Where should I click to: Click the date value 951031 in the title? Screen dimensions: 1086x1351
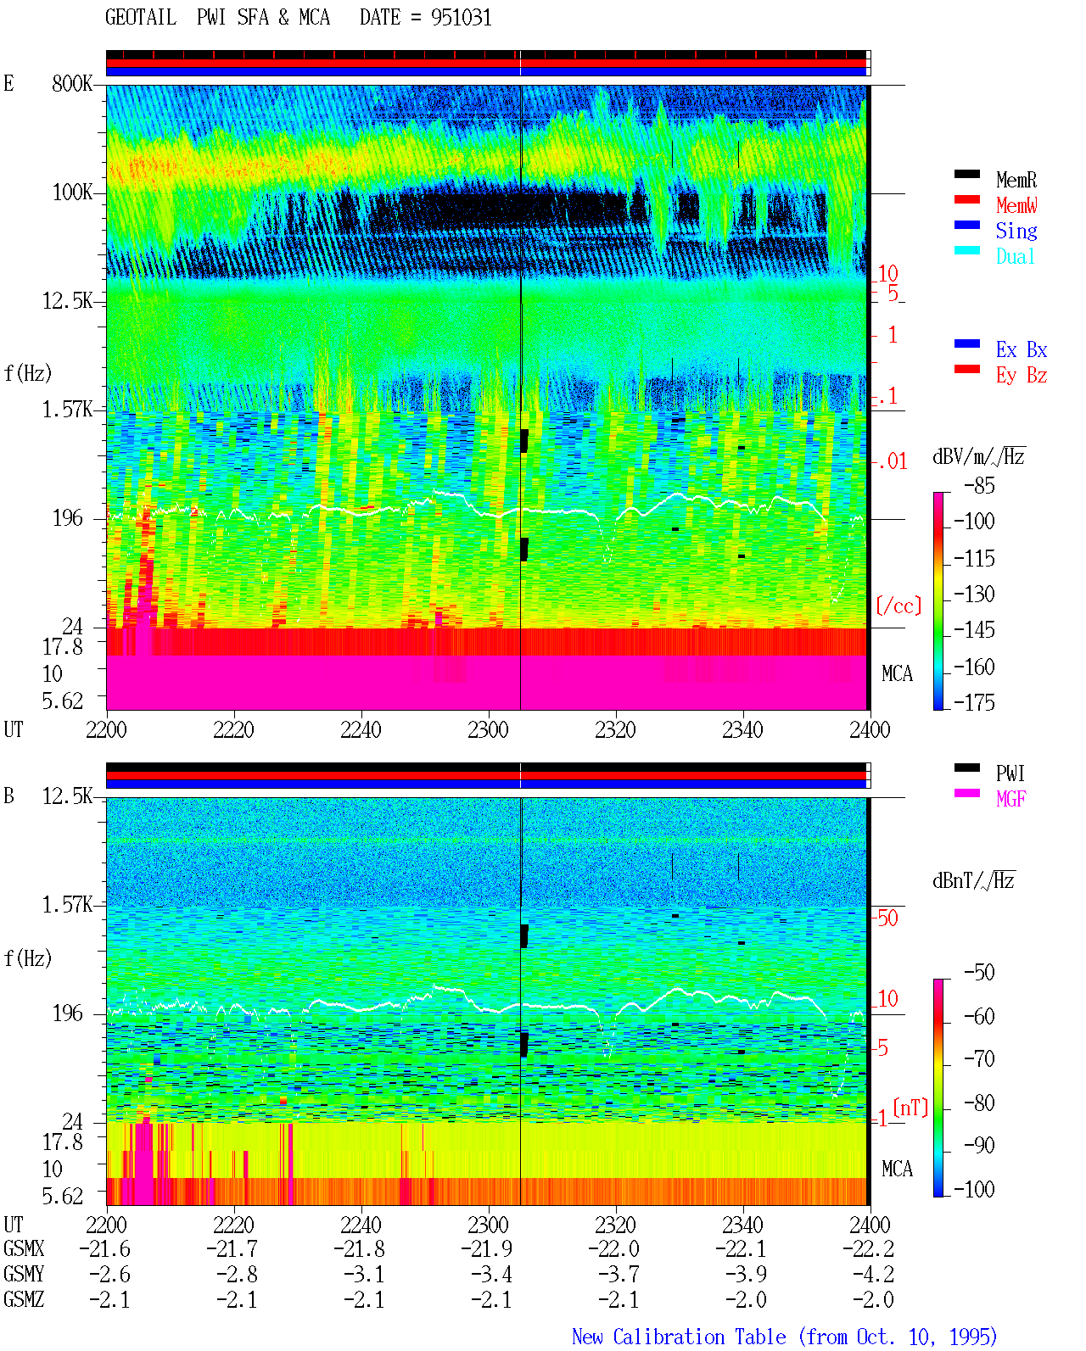coord(461,17)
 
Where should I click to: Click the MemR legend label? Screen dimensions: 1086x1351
coord(1016,180)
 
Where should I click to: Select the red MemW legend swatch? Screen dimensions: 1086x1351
coord(966,199)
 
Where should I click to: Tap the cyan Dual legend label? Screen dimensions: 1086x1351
coord(1016,256)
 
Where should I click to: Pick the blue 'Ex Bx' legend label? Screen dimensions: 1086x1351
coord(1022,349)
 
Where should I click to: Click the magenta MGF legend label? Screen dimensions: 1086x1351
coord(1010,799)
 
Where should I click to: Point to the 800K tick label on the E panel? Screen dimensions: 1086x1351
coord(72,83)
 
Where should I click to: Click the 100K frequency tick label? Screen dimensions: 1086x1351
coord(72,193)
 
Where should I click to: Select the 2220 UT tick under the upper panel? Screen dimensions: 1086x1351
coord(233,729)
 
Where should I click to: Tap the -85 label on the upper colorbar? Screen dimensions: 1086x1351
coord(979,485)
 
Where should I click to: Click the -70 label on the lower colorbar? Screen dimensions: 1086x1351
coord(979,1058)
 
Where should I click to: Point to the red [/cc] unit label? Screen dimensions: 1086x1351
coord(898,606)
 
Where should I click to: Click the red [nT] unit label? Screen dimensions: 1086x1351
coord(910,1107)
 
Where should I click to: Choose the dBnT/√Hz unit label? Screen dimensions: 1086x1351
coord(973,880)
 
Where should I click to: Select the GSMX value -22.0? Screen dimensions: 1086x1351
coord(613,1248)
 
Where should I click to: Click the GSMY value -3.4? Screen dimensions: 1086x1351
coord(492,1274)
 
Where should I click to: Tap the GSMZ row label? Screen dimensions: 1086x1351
coord(24,1299)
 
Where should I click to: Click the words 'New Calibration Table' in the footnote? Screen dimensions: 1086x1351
coord(679,1337)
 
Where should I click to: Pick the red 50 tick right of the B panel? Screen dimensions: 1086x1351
coord(887,918)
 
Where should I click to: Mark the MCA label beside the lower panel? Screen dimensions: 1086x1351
coord(897,1169)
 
